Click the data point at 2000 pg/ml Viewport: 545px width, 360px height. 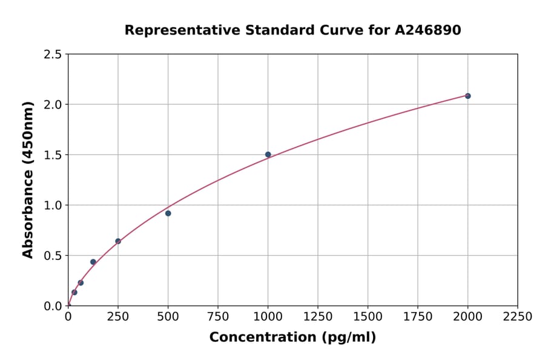coord(467,96)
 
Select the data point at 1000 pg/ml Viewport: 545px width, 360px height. coord(268,155)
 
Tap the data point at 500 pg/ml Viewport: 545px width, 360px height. coord(168,213)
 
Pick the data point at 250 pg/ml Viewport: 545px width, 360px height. coord(118,241)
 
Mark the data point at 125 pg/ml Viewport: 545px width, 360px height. coord(93,262)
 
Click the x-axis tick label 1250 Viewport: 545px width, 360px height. coord(318,316)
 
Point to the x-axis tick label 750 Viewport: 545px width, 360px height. coord(218,316)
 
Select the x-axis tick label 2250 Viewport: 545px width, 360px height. coord(518,316)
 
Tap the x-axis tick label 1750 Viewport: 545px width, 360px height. coord(418,316)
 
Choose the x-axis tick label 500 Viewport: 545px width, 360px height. coord(168,316)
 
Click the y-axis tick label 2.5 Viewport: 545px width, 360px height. coord(53,55)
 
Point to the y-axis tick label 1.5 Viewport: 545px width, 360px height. coord(53,155)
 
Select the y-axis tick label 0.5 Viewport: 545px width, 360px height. coord(53,256)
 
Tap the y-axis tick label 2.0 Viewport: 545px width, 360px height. coord(53,105)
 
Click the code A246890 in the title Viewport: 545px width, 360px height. coord(428,30)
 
